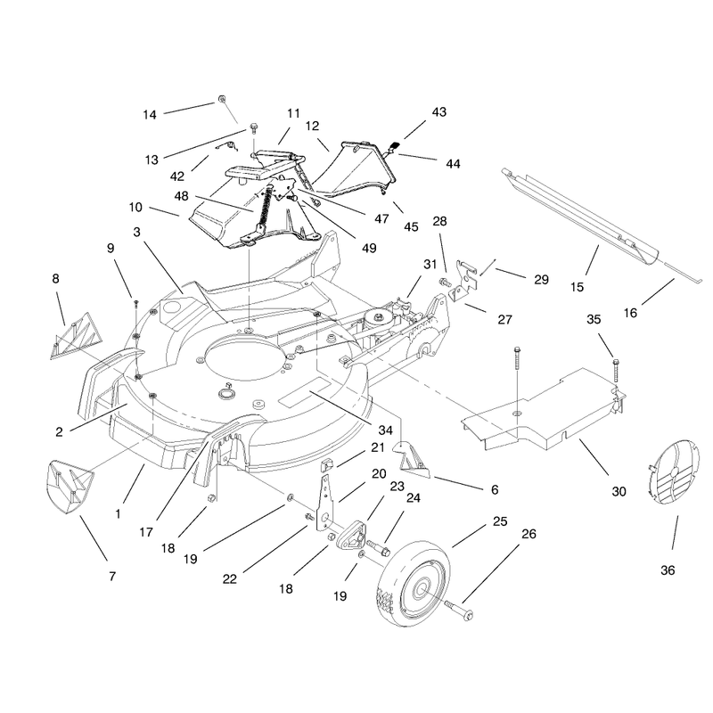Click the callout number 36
668,570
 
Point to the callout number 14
150,115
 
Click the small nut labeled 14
222,99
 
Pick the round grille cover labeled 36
672,472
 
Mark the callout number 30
619,492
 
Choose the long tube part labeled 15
582,216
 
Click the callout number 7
112,576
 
